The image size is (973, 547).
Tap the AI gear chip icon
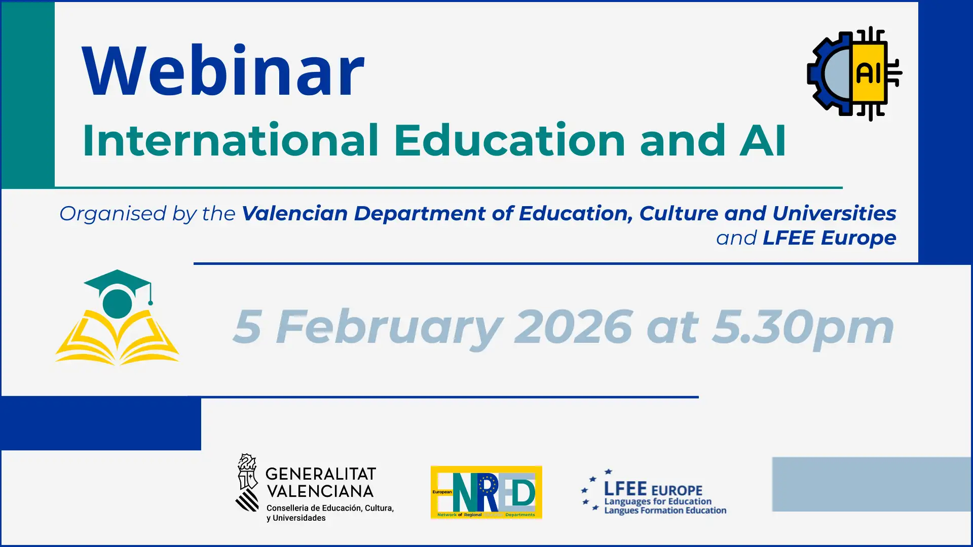point(854,73)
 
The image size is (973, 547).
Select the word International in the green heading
point(231,140)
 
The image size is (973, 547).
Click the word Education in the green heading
point(510,140)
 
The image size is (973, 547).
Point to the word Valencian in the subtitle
point(295,213)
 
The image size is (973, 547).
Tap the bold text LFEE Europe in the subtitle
point(830,238)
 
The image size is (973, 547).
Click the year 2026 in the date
point(573,327)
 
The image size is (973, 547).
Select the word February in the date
point(389,329)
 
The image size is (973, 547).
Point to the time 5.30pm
point(803,329)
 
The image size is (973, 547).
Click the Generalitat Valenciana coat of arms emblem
point(247,482)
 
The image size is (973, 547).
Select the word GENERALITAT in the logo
point(321,474)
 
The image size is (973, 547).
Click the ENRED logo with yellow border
point(486,492)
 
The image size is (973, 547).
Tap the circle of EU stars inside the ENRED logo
point(488,485)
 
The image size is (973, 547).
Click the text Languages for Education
point(658,501)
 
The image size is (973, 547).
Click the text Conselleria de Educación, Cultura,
point(330,508)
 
